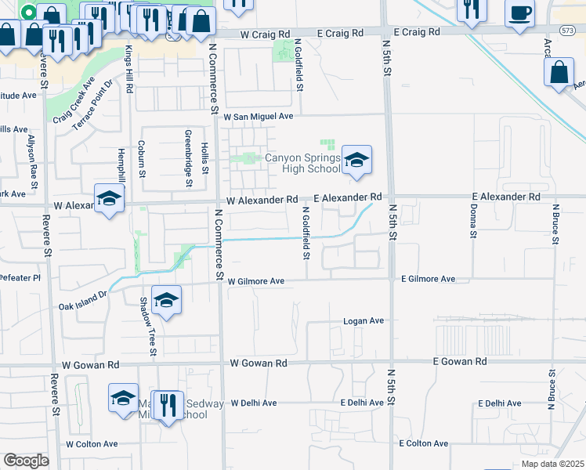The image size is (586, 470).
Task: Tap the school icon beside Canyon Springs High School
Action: click(x=356, y=161)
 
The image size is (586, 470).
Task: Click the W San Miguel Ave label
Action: click(x=258, y=116)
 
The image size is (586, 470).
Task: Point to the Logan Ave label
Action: click(x=364, y=321)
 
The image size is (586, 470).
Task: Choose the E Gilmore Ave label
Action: click(x=428, y=279)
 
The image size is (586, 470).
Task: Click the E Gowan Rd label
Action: click(x=460, y=362)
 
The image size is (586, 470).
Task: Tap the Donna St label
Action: click(x=473, y=221)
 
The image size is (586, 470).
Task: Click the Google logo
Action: click(x=26, y=461)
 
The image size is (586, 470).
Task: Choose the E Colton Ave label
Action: click(x=423, y=443)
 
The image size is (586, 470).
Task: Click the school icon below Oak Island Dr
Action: click(x=166, y=301)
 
